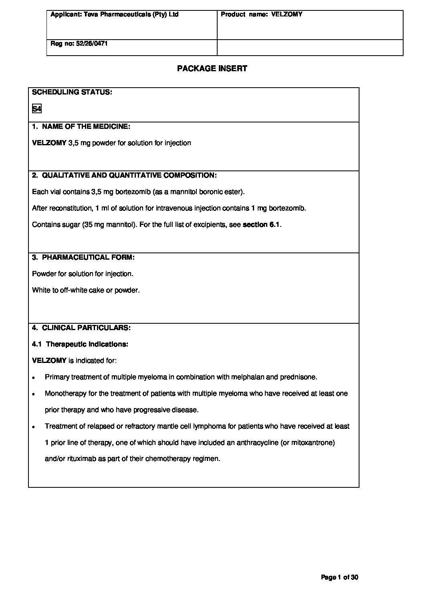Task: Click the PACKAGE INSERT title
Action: (x=212, y=68)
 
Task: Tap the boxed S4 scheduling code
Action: (x=37, y=109)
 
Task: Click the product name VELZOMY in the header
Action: (x=287, y=14)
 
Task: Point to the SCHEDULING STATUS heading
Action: (x=72, y=92)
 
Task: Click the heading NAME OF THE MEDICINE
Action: (x=86, y=127)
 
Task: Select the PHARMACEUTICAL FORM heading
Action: (x=88, y=257)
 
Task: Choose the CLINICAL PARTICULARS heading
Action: (x=86, y=328)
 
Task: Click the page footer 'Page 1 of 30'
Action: (x=340, y=577)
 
